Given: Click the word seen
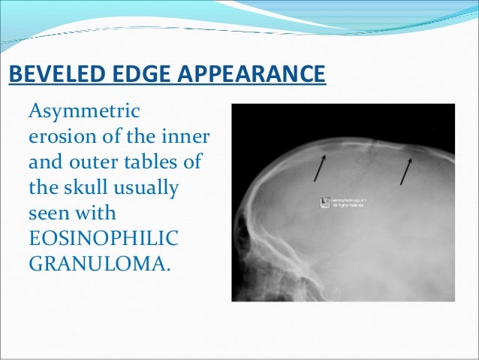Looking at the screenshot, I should click(x=49, y=211).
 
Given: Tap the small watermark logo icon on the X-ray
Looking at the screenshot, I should click(x=324, y=202).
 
